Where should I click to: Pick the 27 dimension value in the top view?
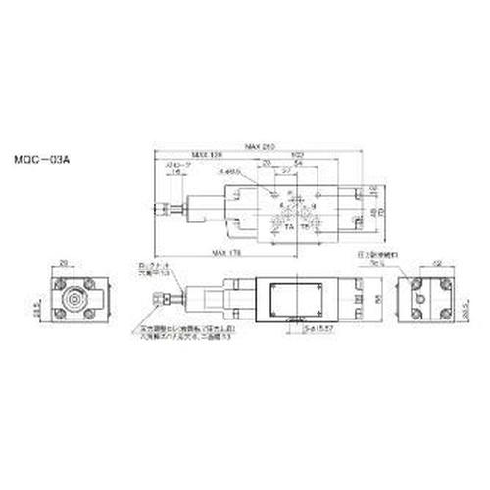point(285,171)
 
